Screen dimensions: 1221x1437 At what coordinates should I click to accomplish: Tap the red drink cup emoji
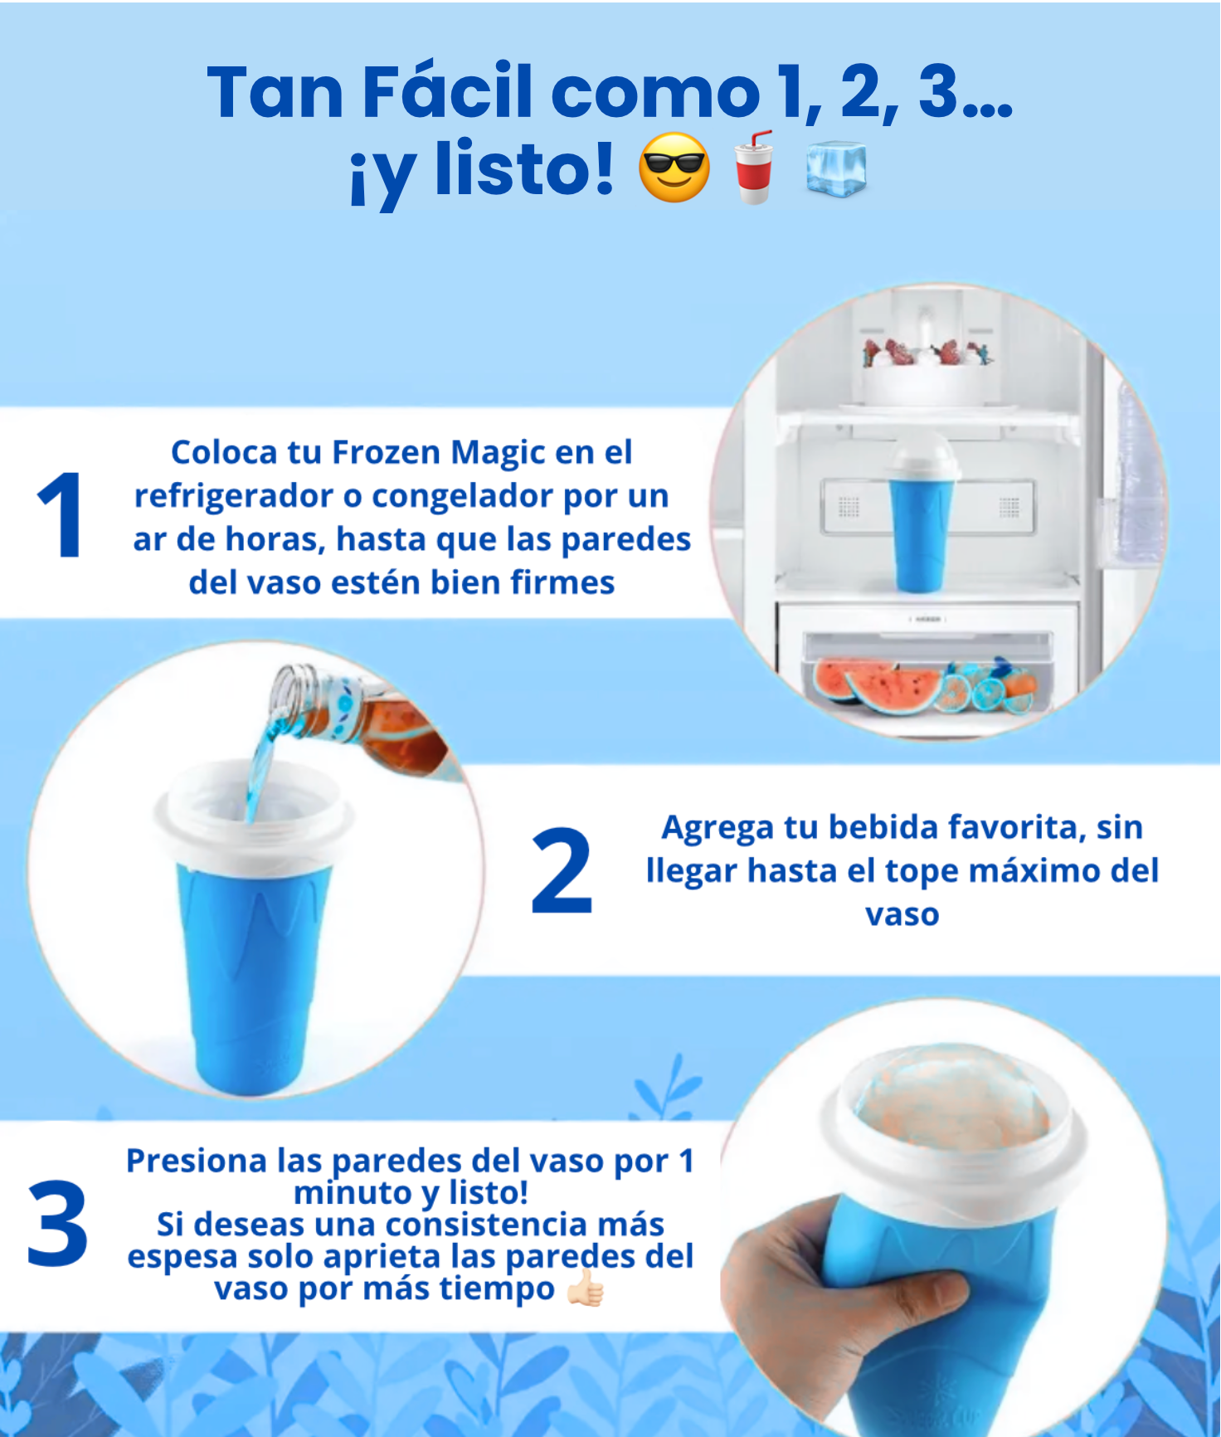pyautogui.click(x=755, y=167)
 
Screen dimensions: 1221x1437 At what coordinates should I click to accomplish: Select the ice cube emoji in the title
pyautogui.click(x=836, y=168)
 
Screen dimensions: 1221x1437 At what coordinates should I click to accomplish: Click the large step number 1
pyautogui.click(x=60, y=514)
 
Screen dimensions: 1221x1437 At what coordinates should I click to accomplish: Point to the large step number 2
pyautogui.click(x=562, y=871)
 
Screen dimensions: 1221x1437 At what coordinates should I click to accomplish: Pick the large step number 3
pyautogui.click(x=57, y=1224)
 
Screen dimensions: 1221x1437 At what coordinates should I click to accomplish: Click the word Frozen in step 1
pyautogui.click(x=387, y=452)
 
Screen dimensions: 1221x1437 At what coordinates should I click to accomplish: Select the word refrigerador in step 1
pyautogui.click(x=234, y=497)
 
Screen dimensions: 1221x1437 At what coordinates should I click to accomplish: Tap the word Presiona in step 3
pyautogui.click(x=197, y=1161)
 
